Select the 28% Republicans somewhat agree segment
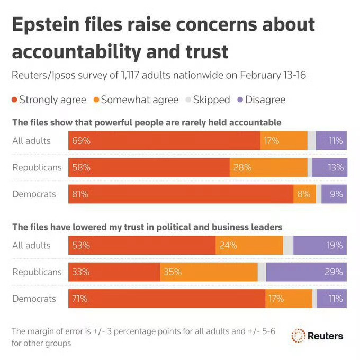pos(268,168)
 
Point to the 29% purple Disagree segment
pos(306,272)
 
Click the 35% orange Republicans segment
pos(209,272)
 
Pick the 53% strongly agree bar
pos(142,246)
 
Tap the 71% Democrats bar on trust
pos(167,299)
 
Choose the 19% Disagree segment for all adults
pos(320,246)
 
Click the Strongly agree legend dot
pos(15,100)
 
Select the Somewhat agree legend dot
pos(96,100)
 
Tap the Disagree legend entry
pos(263,100)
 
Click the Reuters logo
pos(318,336)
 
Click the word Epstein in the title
pos(47,25)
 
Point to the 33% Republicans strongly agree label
pos(81,272)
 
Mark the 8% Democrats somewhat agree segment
pos(304,194)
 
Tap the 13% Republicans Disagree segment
pos(329,168)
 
